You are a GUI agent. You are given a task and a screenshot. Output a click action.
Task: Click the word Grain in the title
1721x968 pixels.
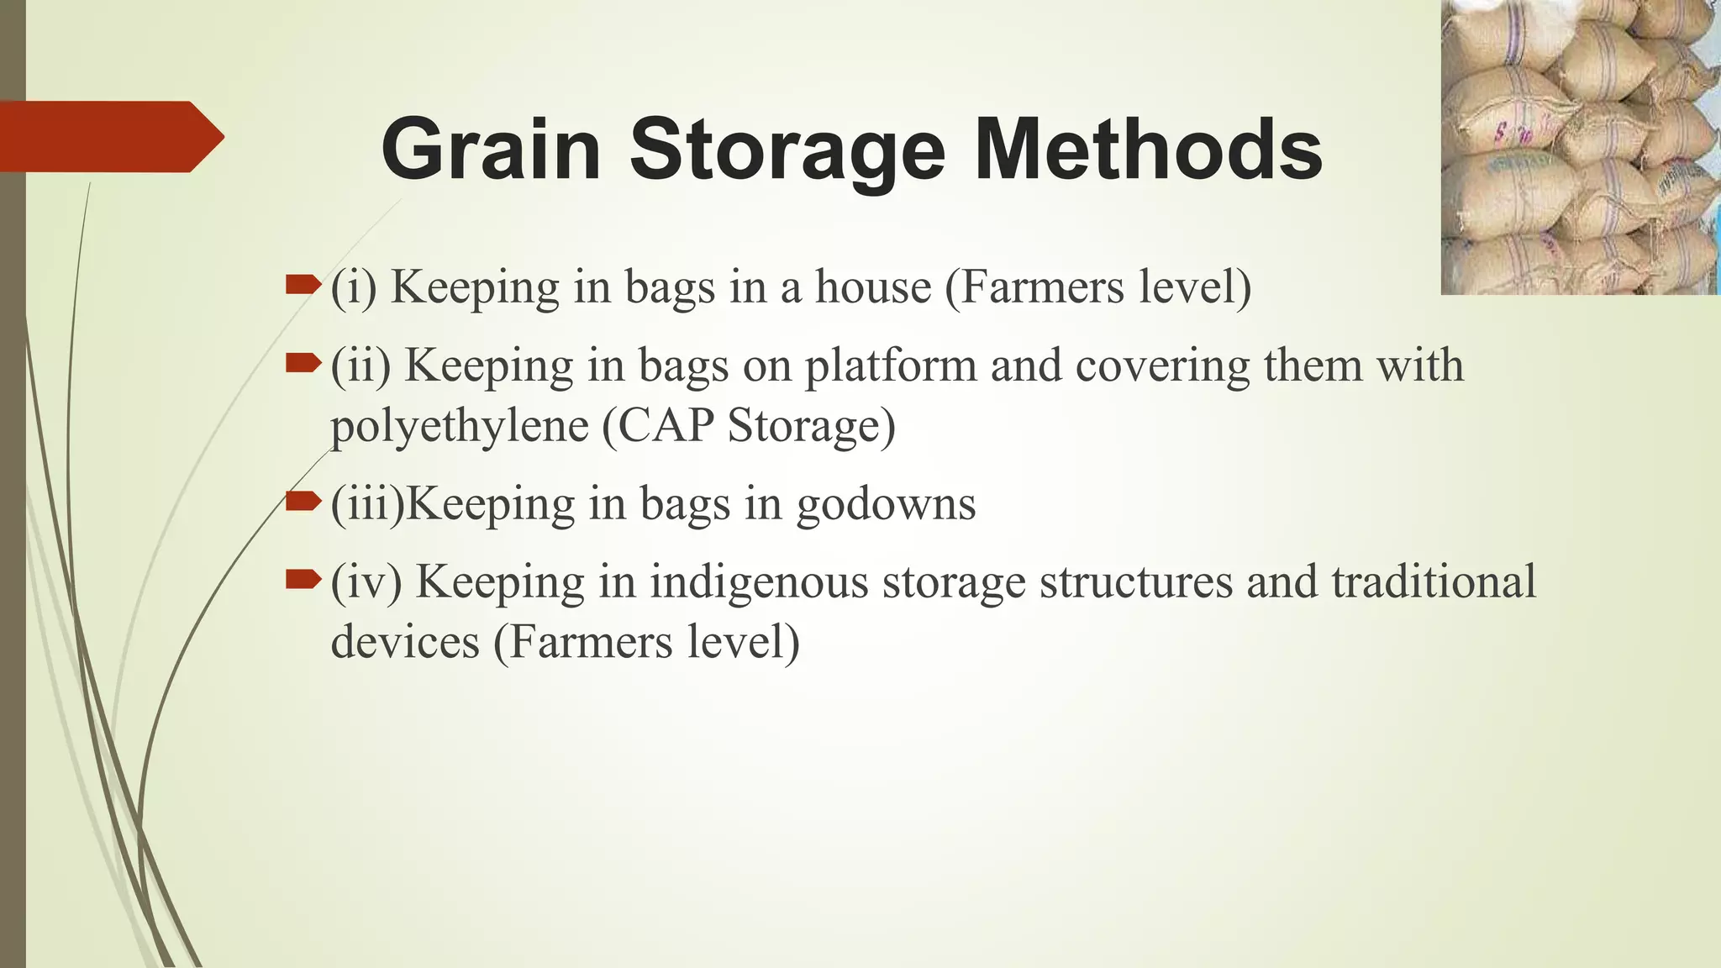(491, 150)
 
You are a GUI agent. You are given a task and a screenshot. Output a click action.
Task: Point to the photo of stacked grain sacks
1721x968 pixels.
(1580, 147)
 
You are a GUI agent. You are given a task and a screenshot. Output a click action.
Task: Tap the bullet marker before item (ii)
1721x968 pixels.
(303, 364)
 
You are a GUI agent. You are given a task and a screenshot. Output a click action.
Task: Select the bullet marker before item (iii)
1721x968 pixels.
(303, 502)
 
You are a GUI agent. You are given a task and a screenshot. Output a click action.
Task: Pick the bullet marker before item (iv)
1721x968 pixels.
(303, 579)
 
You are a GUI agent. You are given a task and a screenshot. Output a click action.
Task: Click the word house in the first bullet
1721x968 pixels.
(873, 287)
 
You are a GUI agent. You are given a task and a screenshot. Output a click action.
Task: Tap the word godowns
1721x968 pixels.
(886, 505)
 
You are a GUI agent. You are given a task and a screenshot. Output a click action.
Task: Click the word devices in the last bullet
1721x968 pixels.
(404, 642)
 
